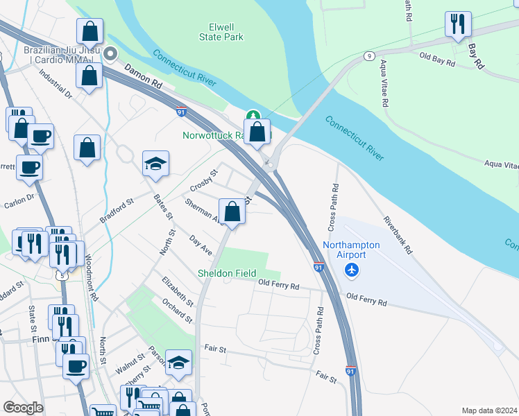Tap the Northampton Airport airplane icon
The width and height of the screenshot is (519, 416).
[353, 269]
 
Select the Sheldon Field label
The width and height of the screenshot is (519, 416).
[226, 273]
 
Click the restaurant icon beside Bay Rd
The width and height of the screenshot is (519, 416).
[458, 25]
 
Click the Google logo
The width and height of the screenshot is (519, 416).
[23, 408]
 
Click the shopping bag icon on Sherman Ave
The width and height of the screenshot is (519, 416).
[232, 211]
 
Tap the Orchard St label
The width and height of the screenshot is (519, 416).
[178, 311]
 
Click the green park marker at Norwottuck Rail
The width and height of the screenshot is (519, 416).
[253, 116]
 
